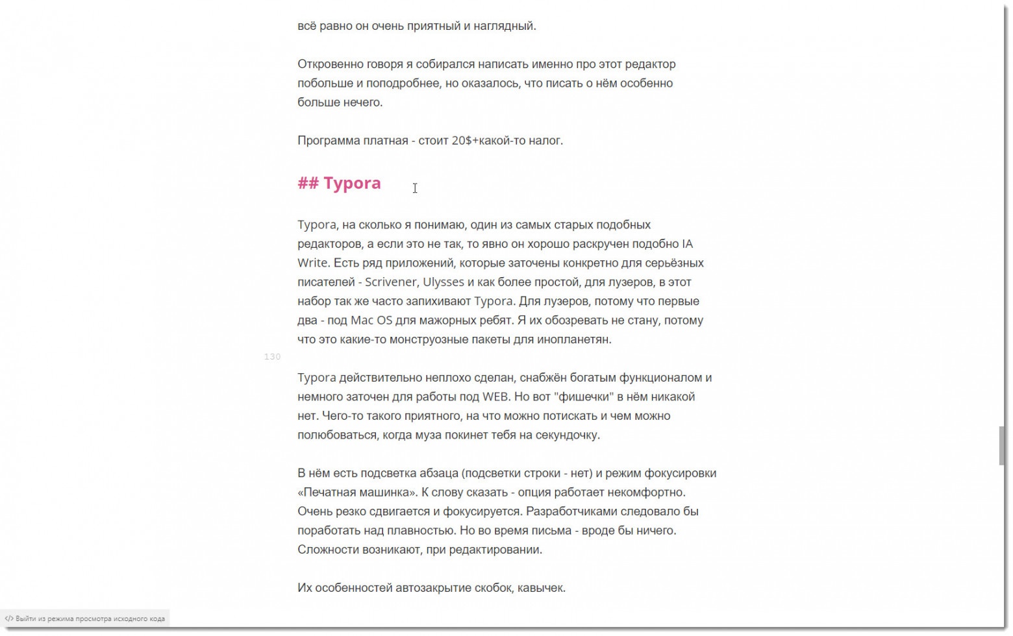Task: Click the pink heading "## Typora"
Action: coord(339,183)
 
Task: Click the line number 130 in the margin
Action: coord(272,356)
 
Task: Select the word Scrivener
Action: coord(391,282)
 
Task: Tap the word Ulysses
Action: coord(444,282)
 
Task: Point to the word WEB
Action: coord(496,397)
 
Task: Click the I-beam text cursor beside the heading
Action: coord(415,188)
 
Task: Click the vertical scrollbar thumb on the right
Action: coord(1002,445)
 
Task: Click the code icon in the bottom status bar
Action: coord(9,618)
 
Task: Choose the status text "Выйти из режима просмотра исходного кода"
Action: coord(90,618)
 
